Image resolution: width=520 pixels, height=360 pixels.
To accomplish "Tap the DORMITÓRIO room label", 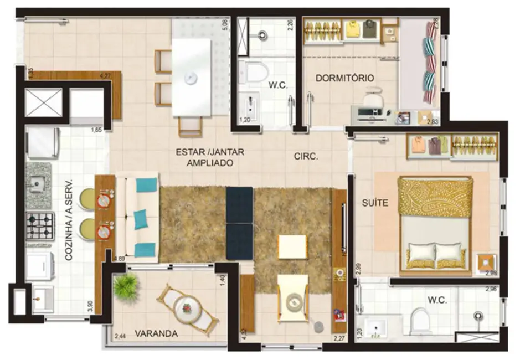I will point(344,78).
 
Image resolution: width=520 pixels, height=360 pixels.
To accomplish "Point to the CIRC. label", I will point(306,156).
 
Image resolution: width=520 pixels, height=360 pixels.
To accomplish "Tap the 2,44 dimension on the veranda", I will point(120,336).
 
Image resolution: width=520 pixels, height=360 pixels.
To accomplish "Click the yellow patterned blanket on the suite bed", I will point(435,197).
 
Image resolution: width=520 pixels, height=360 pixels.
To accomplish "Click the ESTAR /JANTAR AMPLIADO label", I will point(210,157).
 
